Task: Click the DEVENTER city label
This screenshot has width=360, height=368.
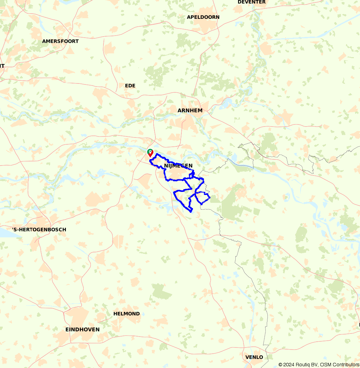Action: coord(252,2)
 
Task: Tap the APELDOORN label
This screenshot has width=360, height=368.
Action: coord(203,17)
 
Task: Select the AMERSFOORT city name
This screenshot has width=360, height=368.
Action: coord(60,41)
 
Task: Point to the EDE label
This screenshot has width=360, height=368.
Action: coord(130,86)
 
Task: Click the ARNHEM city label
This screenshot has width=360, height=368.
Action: coord(190,110)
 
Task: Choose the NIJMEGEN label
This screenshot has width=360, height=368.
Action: coord(178,166)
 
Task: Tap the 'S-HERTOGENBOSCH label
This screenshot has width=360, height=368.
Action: coord(39,230)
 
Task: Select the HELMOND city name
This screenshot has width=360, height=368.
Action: coord(126,314)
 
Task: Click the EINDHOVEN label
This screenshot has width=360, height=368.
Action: coord(82,330)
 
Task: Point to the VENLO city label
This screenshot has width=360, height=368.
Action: coord(254,357)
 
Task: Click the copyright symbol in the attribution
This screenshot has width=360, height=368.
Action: coord(280,365)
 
